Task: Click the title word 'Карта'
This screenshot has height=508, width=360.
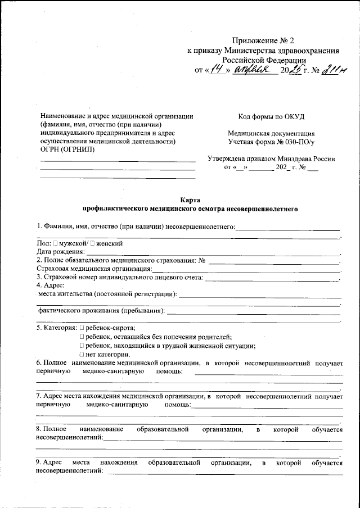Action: [x=190, y=199]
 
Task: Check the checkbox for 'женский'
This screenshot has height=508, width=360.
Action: [x=93, y=244]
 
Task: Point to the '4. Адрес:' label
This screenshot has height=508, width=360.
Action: [x=51, y=285]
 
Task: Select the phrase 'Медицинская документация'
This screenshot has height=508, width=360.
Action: [x=271, y=134]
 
